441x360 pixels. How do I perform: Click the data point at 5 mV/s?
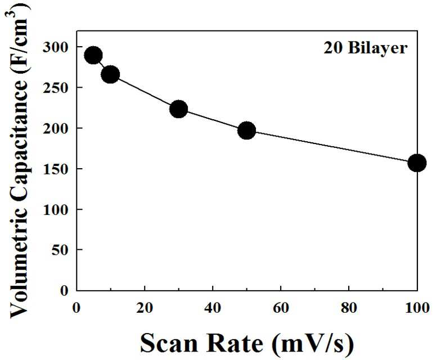coord(93,55)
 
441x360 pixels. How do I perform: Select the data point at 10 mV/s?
coord(110,74)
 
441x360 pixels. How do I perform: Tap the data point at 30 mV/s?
coord(179,109)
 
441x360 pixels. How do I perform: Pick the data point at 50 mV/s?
coord(246,130)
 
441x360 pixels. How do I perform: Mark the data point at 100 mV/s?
coord(417,163)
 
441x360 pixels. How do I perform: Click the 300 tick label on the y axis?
coord(55,47)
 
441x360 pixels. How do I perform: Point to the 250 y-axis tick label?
coord(55,88)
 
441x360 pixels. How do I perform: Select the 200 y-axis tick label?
coord(55,128)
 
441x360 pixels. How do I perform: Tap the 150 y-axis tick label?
coord(55,169)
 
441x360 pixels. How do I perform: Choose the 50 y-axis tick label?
coord(60,250)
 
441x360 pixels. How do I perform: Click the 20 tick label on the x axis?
coord(145,308)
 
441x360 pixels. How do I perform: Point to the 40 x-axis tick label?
coord(213,308)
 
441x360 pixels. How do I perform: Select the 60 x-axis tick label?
coord(281,308)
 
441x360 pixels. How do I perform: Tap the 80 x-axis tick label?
coord(349,308)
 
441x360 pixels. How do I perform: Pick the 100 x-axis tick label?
coord(417,308)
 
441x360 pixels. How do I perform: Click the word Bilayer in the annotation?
coord(378,48)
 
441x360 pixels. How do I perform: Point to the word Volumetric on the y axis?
coord(19,264)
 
